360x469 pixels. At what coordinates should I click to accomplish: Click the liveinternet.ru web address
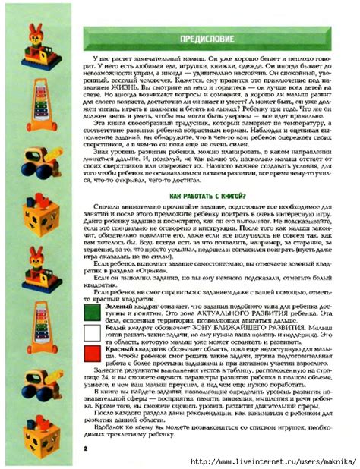(x=273, y=461)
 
